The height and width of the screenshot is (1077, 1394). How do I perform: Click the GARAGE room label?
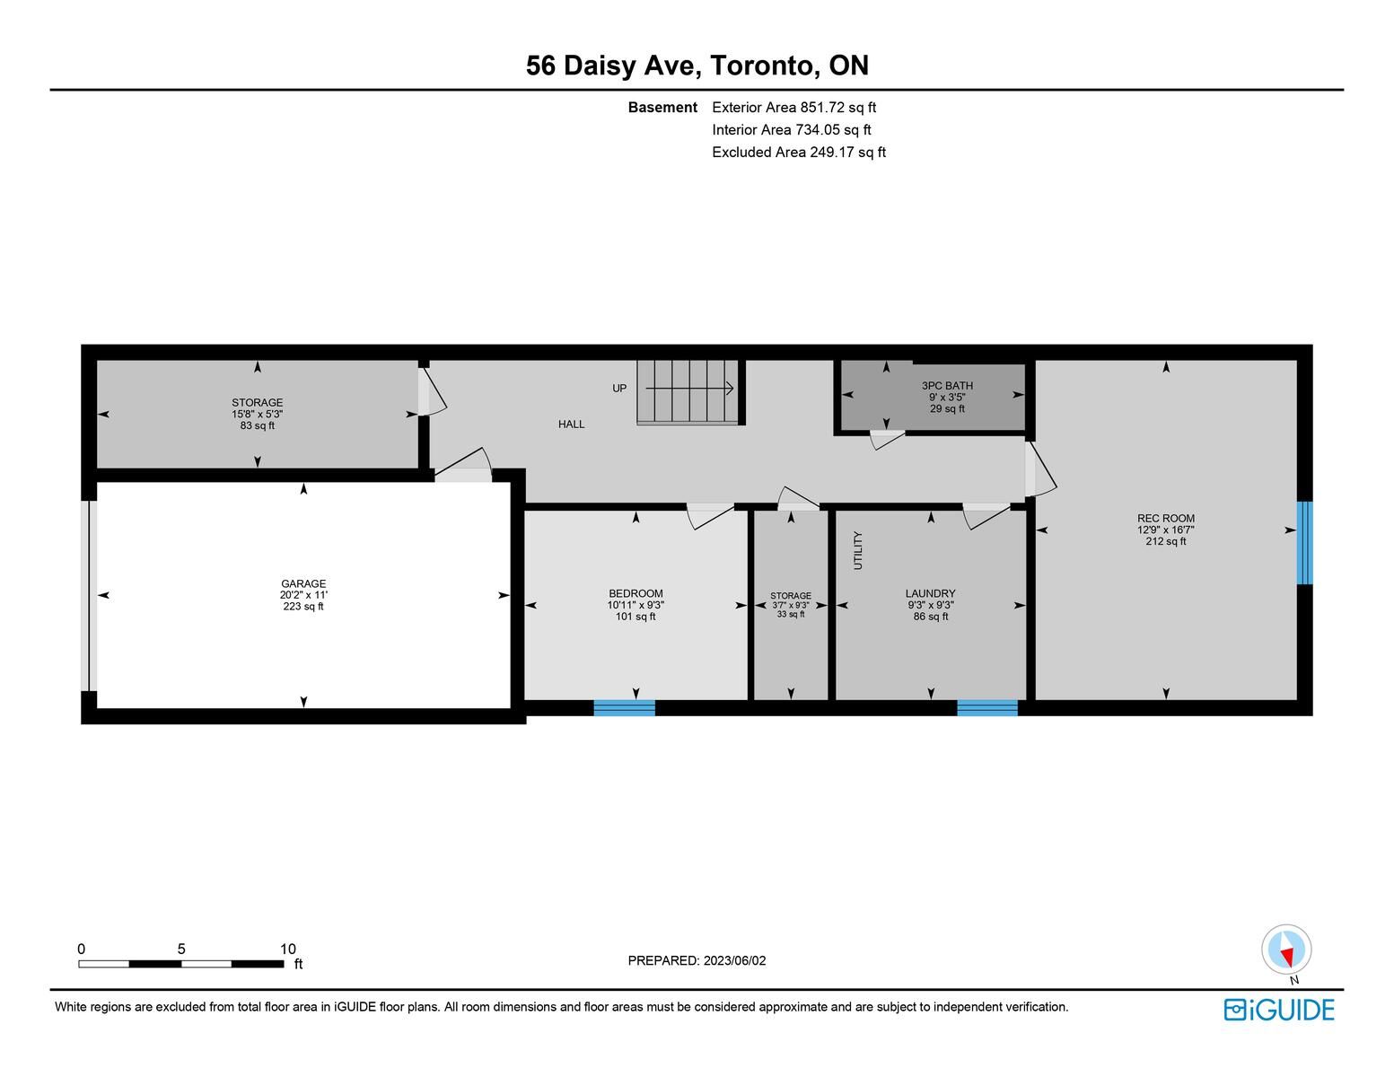point(303,583)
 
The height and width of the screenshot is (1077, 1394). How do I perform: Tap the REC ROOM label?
point(1166,518)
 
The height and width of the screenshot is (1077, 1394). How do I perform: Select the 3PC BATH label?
point(947,386)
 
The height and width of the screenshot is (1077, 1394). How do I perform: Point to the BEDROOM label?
point(636,594)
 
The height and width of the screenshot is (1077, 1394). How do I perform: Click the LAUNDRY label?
point(930,594)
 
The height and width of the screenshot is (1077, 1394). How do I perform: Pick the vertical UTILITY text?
point(858,550)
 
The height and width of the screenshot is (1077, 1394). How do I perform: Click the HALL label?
point(571,424)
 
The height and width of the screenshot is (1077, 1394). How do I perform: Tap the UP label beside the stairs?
point(619,388)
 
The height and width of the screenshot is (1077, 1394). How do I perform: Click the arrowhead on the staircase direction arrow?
point(730,388)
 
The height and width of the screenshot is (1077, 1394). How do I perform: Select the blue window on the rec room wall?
point(1304,543)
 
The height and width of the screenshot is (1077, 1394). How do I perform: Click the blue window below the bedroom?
point(624,707)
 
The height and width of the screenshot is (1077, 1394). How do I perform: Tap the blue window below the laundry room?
point(986,707)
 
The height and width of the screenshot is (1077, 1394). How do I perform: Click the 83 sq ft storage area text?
point(258,425)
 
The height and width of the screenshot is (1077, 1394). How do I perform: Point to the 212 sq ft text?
point(1166,541)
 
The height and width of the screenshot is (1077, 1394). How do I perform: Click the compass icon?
point(1286,950)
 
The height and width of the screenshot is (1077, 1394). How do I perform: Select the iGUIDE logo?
point(1279,1010)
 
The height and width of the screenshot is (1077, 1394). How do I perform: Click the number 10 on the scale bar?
point(288,949)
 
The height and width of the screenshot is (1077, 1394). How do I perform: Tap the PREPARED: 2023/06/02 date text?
point(697,960)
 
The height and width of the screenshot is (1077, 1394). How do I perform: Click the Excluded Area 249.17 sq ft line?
point(799,152)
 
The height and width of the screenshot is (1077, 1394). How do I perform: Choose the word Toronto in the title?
point(762,66)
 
